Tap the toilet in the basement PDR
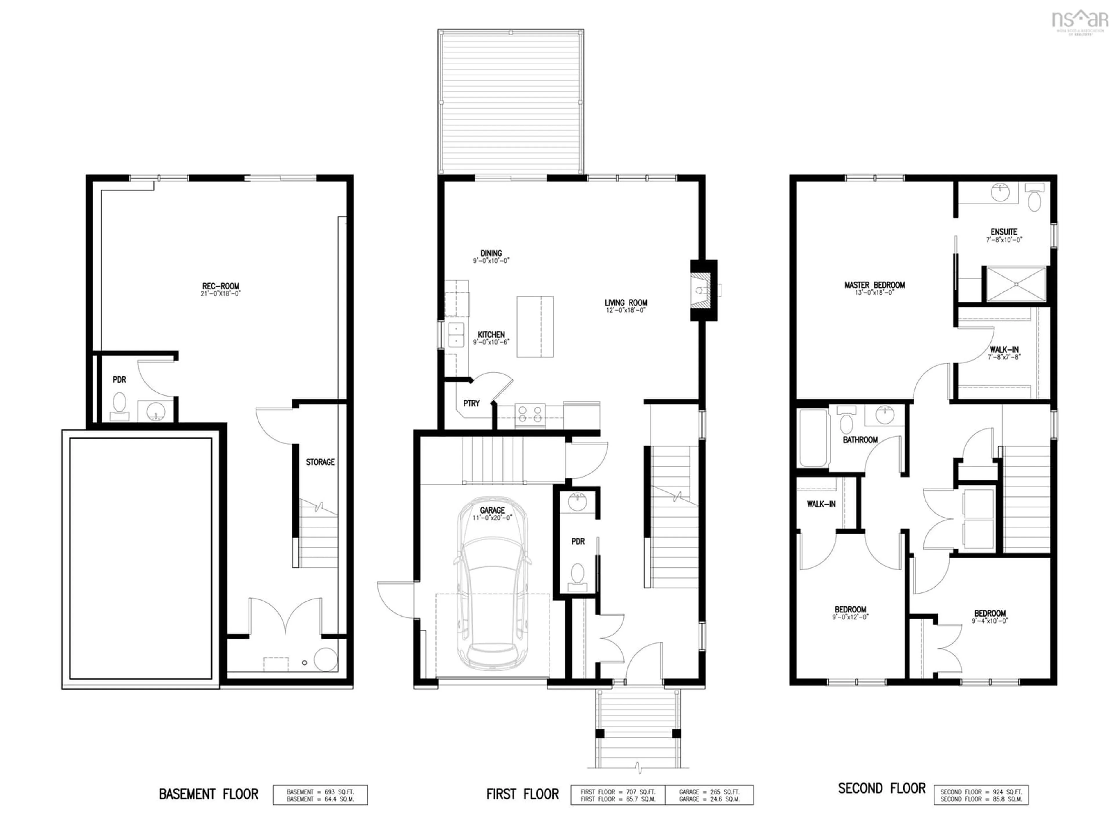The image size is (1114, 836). tap(119, 405)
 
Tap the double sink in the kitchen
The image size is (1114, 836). tap(456, 335)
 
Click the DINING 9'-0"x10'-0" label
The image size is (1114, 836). tap(491, 256)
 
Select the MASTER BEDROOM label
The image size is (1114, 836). tap(874, 287)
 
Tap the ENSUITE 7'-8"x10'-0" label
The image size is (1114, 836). tap(1004, 235)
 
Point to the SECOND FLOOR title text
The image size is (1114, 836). tap(881, 788)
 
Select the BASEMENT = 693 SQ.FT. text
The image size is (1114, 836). tap(320, 792)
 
